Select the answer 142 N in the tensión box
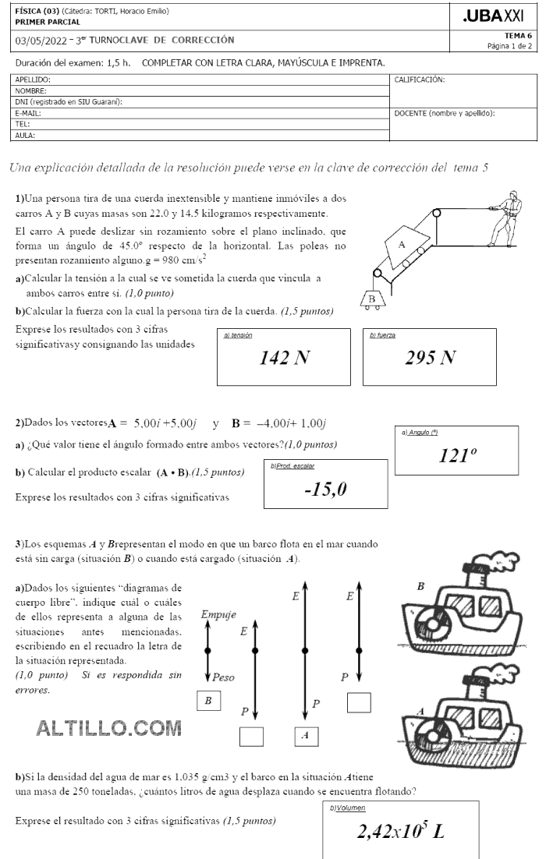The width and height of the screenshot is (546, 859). pyautogui.click(x=285, y=358)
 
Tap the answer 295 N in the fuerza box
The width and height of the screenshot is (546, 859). pyautogui.click(x=430, y=358)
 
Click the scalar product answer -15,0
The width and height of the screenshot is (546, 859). pyautogui.click(x=325, y=489)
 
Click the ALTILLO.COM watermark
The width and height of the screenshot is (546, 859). pyautogui.click(x=109, y=728)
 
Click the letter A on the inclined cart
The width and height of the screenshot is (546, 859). pyautogui.click(x=402, y=244)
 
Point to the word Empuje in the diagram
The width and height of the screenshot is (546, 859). pyautogui.click(x=218, y=614)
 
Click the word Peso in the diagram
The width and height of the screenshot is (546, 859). pyautogui.click(x=224, y=677)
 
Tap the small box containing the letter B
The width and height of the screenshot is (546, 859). pyautogui.click(x=207, y=701)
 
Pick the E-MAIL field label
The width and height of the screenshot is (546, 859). pyautogui.click(x=28, y=113)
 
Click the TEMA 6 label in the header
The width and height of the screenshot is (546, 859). pyautogui.click(x=518, y=36)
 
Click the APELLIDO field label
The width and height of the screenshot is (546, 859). pyautogui.click(x=33, y=80)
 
